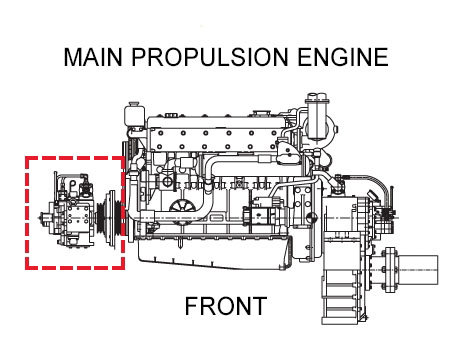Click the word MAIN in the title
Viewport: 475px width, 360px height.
pyautogui.click(x=93, y=57)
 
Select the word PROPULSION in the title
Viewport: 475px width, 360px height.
pyautogui.click(x=210, y=57)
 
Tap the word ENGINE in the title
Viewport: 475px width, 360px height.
pyautogui.click(x=343, y=57)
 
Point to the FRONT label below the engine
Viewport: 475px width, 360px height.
pyautogui.click(x=226, y=306)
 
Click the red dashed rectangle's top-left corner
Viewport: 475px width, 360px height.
pyautogui.click(x=26, y=157)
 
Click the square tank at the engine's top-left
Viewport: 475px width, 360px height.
pyautogui.click(x=135, y=116)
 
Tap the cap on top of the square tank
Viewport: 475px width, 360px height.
pyautogui.click(x=135, y=103)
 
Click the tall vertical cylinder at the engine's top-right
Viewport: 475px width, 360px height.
pyautogui.click(x=316, y=117)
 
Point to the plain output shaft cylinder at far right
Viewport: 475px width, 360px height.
pyautogui.click(x=418, y=270)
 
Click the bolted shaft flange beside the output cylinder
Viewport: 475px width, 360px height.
pyautogui.click(x=390, y=270)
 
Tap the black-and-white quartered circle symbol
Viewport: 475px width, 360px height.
pyautogui.click(x=310, y=217)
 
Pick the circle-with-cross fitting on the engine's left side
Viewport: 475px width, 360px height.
pyautogui.click(x=167, y=182)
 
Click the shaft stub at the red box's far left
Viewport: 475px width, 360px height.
pyautogui.click(x=44, y=218)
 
